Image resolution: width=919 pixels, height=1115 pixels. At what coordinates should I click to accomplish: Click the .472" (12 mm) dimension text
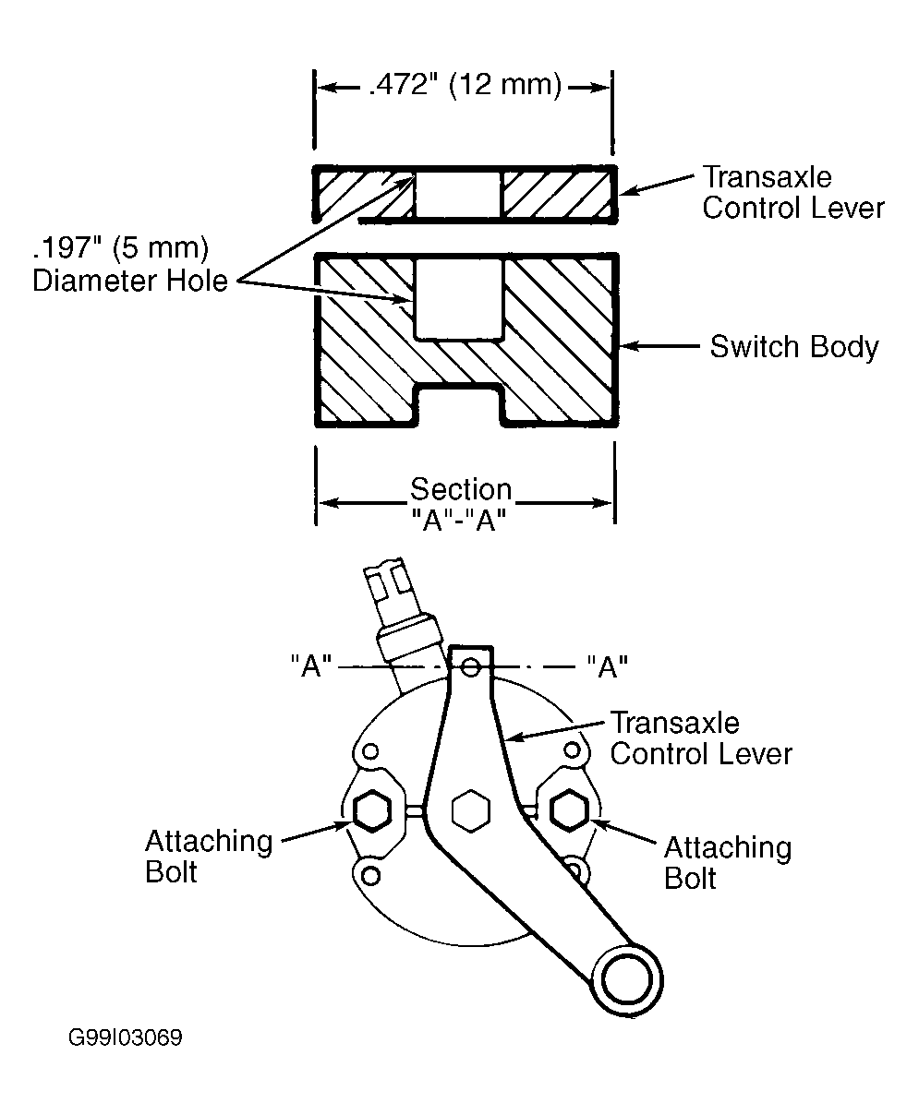point(465,86)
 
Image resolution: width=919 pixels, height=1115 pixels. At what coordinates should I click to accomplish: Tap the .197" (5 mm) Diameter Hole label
point(130,264)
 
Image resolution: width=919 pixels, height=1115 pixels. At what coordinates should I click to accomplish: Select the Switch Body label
point(794,347)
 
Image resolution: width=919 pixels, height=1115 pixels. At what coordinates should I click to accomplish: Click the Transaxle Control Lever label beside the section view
point(792,193)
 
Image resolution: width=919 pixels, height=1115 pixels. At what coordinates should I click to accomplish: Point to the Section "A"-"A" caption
point(461,505)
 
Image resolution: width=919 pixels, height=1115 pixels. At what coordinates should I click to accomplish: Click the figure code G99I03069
point(125,1037)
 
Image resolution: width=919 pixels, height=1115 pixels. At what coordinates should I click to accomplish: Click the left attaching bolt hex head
point(372,811)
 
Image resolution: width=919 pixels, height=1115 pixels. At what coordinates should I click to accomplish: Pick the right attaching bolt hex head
point(569,810)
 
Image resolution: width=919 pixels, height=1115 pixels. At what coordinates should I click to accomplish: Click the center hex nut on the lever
point(470,811)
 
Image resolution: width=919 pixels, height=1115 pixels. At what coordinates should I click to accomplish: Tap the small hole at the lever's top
point(470,667)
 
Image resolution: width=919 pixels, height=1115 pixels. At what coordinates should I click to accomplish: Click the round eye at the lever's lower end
point(627,980)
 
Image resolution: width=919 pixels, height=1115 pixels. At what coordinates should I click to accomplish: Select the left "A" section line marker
point(311,665)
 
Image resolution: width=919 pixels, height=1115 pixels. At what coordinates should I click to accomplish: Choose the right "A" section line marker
point(608,665)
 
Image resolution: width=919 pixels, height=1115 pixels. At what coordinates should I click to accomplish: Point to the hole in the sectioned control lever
point(458,194)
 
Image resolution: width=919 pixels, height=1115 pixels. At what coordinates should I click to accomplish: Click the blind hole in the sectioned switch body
point(458,298)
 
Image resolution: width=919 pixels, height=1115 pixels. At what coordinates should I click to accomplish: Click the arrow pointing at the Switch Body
point(659,346)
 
